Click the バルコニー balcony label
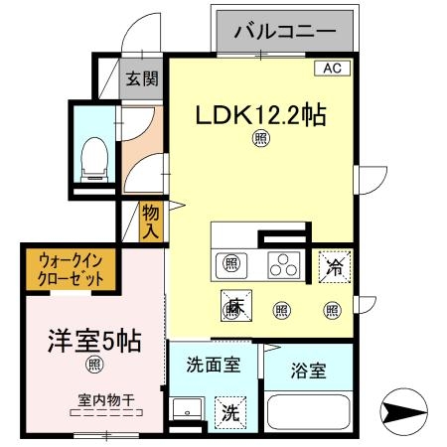[284, 33]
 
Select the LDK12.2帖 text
[261, 115]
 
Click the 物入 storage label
[151, 220]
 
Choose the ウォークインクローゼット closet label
[71, 270]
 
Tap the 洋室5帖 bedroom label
[94, 341]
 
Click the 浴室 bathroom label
[307, 372]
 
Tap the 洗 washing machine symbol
[230, 412]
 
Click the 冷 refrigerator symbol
[333, 265]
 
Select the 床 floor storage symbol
[234, 308]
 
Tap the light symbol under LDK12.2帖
[261, 140]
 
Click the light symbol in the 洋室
[93, 366]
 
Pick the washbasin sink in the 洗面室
[184, 410]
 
